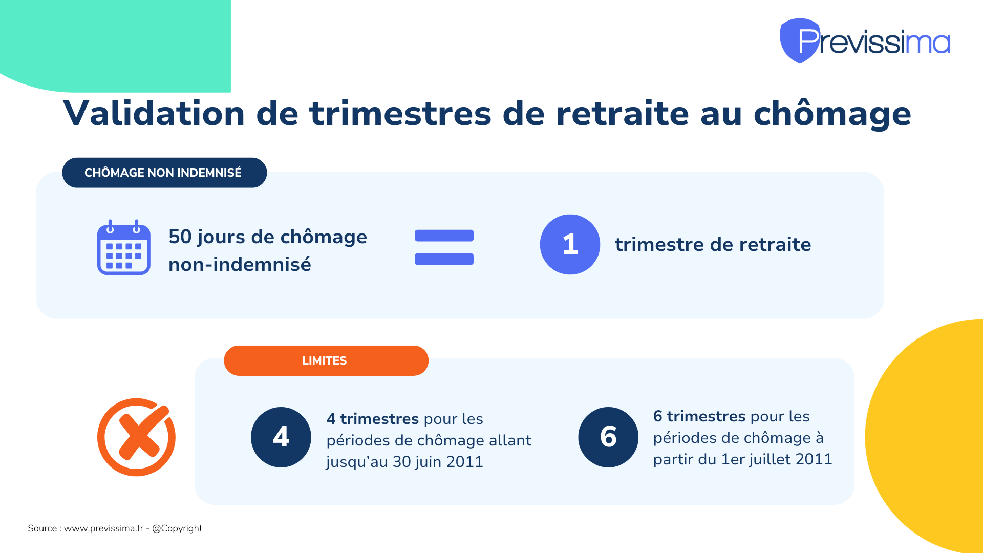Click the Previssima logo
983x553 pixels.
(x=865, y=41)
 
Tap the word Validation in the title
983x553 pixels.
(x=154, y=113)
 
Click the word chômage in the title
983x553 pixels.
(x=832, y=114)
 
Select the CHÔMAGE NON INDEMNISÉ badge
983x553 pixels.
(x=164, y=173)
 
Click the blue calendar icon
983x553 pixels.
(x=124, y=247)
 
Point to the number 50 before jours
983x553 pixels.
(x=180, y=237)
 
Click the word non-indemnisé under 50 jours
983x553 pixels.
(x=240, y=264)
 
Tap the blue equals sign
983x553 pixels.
(x=444, y=247)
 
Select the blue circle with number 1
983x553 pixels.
(x=570, y=244)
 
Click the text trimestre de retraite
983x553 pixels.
(x=713, y=245)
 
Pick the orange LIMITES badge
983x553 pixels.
(x=326, y=360)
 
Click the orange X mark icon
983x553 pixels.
(x=137, y=437)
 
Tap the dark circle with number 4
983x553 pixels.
(x=281, y=437)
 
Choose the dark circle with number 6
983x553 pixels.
(x=608, y=437)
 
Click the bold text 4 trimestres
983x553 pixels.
(x=373, y=419)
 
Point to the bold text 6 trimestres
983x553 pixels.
(x=699, y=416)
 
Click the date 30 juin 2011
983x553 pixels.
(x=438, y=462)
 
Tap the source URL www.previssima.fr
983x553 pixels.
(x=103, y=528)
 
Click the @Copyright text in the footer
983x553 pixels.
(x=177, y=528)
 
